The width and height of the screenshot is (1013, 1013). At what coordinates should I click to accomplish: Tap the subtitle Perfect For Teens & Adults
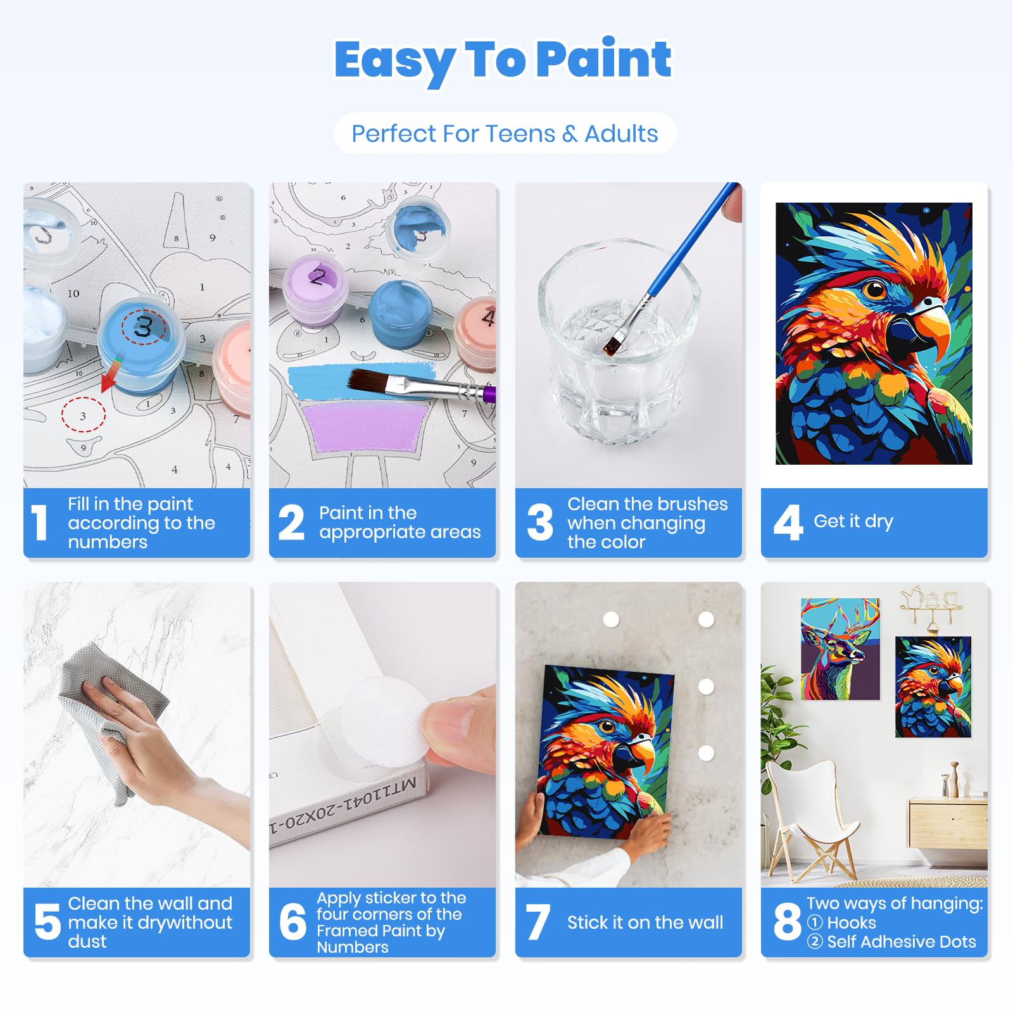point(505,134)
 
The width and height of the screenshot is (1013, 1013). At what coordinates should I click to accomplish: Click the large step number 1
point(40,523)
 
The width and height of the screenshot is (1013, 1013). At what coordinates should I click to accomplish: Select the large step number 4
point(788,523)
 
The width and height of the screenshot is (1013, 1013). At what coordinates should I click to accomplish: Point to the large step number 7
point(538,922)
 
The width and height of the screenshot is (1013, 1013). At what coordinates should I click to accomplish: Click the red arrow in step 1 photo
point(111,375)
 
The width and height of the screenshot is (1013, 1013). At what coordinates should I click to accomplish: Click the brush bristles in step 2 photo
point(368,381)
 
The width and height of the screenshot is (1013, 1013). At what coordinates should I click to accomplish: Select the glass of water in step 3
point(617,342)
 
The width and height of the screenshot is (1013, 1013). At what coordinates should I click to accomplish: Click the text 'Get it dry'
point(853,522)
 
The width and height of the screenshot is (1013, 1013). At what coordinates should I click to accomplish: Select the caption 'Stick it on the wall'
point(645,922)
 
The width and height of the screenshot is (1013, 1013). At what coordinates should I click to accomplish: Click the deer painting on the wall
point(840,649)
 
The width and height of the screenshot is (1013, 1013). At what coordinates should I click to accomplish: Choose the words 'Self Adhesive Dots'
point(902,941)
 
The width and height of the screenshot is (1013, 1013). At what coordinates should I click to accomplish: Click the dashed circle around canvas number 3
point(83,415)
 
